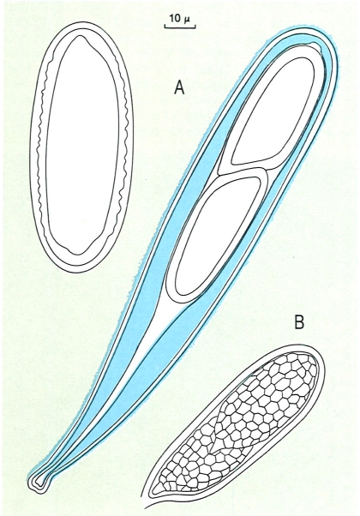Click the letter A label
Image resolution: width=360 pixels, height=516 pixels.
click(x=179, y=88)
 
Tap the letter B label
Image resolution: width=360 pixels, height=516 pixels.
click(x=299, y=322)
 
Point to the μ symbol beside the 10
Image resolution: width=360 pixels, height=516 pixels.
click(x=187, y=20)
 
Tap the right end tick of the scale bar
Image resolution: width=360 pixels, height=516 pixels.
click(x=195, y=27)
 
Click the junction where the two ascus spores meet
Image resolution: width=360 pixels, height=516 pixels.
click(x=267, y=169)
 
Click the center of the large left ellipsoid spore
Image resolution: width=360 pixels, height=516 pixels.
click(x=81, y=147)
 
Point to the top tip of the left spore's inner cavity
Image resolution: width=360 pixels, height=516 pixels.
click(x=80, y=35)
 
